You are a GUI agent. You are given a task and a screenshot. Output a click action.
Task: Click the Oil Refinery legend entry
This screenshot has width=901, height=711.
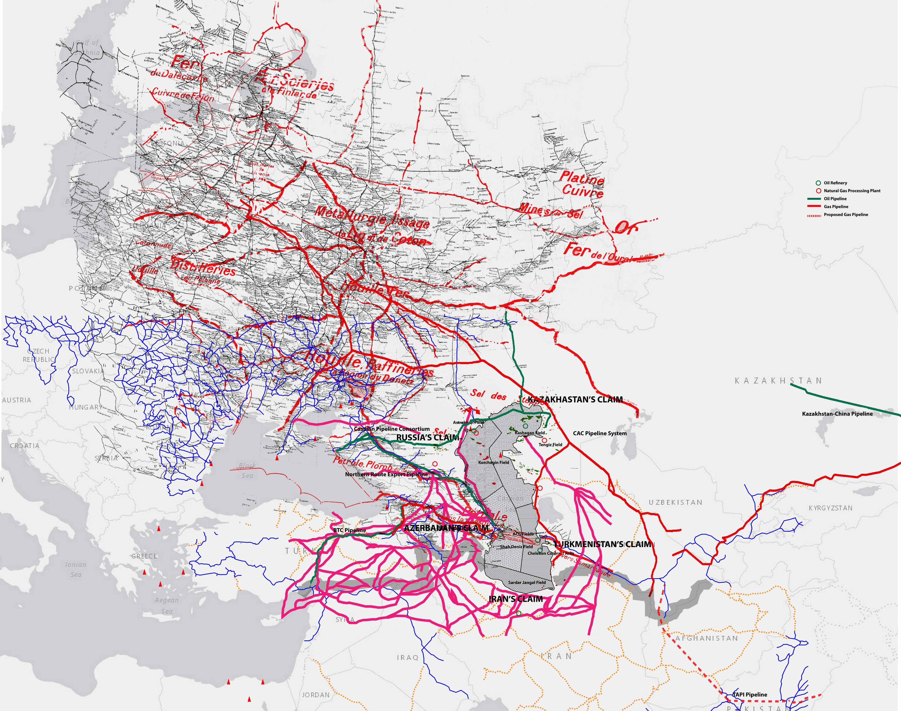835,183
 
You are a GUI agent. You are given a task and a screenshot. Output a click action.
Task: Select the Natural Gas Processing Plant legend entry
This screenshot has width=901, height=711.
852,191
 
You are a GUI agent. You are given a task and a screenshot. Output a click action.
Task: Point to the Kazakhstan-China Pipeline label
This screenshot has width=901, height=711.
837,414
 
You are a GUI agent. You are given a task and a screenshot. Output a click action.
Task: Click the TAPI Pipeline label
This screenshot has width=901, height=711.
750,694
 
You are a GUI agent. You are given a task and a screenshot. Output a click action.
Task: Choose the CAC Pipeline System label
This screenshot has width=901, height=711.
600,433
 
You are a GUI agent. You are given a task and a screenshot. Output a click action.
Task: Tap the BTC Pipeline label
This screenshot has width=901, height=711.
350,530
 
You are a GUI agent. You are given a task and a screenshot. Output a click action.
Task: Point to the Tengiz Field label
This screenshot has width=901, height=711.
550,445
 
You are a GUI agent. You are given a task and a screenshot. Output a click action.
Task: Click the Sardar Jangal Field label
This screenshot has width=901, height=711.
527,582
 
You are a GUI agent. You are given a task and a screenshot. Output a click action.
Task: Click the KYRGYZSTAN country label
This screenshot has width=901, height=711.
830,508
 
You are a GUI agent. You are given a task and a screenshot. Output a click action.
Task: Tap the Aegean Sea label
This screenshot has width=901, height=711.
167,606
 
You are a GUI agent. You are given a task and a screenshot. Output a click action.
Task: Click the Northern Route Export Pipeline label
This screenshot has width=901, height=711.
386,474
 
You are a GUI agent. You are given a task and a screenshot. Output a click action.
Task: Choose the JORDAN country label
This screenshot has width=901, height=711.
316,695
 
